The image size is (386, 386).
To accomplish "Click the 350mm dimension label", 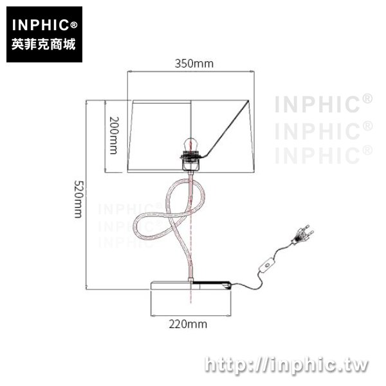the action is coord(194,64).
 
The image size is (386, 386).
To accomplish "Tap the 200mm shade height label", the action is coord(113,135).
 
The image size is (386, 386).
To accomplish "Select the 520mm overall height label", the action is coord(79,199).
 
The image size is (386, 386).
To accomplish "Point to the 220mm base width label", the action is coord(188,324).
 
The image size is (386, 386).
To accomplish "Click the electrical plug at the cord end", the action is coord(302,234).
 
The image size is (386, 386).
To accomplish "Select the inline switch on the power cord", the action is coord(266,265).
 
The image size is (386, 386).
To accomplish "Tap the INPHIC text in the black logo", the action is coord(41,25).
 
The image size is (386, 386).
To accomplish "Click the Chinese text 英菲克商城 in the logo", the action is coord(44,44).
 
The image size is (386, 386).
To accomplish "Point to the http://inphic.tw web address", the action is coord(287,365).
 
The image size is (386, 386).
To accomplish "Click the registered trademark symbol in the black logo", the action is coord(74,25).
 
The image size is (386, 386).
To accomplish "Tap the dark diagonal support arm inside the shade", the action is coord(226,129).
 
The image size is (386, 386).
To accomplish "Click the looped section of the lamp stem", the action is coord(169,210).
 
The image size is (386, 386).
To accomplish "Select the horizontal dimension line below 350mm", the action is coord(191,71).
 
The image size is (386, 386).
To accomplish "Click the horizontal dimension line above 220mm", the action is coord(191,315).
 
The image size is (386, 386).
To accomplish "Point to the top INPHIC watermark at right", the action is coord(324,104).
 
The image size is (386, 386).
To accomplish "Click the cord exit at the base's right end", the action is coord(226,286).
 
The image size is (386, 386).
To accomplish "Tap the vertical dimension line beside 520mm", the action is coord(86,195).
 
